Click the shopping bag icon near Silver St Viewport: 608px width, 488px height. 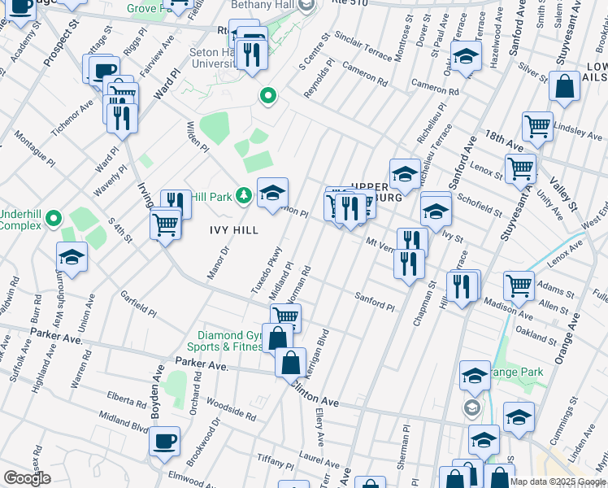(564, 85)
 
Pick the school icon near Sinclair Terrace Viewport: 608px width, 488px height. (466, 57)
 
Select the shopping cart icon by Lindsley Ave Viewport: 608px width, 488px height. (537, 125)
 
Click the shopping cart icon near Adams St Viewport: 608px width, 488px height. (519, 285)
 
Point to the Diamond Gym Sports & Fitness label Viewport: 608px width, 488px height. (231, 341)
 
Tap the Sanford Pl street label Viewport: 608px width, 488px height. (374, 302)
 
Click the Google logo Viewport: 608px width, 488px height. (27, 478)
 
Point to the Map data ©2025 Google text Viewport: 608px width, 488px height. (557, 481)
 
